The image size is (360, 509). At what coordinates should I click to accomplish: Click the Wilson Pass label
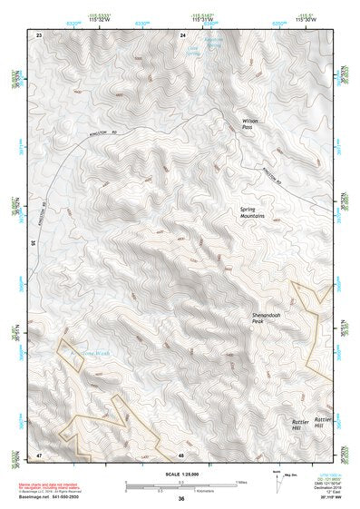251,123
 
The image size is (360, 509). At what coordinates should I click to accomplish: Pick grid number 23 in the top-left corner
38,34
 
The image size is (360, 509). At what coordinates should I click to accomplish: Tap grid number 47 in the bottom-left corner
38,455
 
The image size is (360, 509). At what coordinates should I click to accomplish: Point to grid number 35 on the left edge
33,243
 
